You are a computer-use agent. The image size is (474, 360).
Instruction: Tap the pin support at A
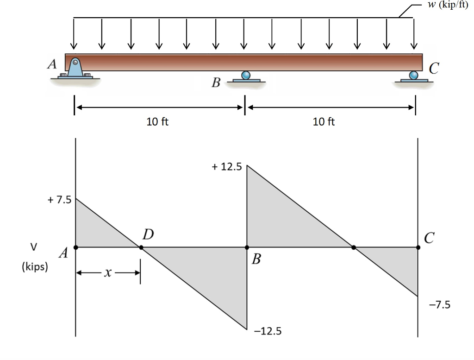[75, 67]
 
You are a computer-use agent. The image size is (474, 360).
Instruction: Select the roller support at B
[246, 76]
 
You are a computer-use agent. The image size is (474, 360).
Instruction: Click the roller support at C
[414, 76]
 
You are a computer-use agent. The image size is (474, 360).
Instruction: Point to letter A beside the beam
[52, 64]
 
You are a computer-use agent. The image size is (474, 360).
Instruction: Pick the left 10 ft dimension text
[157, 122]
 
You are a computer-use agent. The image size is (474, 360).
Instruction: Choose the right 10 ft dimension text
[324, 122]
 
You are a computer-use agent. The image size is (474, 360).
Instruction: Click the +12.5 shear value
[227, 167]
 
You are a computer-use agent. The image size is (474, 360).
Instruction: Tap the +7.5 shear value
[58, 200]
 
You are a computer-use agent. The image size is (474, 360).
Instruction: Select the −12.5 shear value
[267, 331]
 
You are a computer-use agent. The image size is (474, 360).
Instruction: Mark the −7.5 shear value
[439, 305]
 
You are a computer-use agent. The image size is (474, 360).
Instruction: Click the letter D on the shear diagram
[148, 234]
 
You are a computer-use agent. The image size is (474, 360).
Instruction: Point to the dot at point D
[141, 247]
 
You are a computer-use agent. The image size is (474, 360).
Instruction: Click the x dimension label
[107, 273]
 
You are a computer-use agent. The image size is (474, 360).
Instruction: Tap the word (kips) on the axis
[35, 267]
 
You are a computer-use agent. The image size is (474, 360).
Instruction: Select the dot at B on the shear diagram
[247, 247]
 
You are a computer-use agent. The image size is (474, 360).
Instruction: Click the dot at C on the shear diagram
[418, 247]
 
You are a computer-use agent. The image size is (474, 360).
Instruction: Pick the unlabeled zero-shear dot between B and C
[354, 247]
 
